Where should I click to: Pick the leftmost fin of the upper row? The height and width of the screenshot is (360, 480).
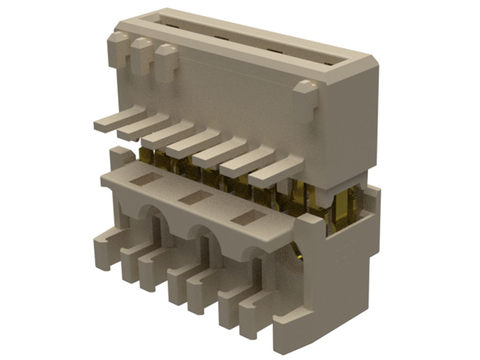pos(111,123)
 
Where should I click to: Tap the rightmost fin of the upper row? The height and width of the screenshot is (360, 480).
pos(272,170)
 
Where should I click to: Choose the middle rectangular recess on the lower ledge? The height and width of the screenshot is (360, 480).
pos(196,198)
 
